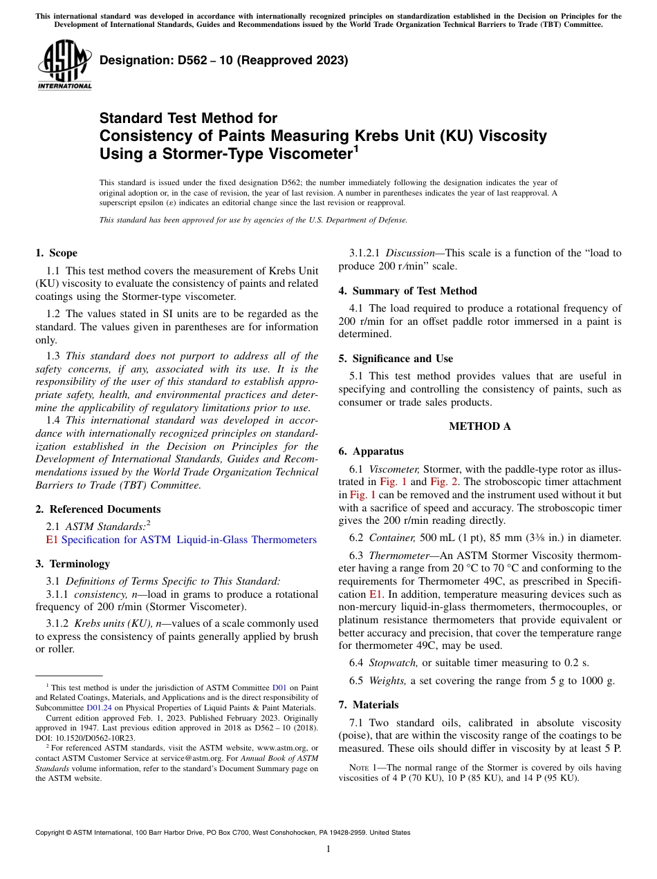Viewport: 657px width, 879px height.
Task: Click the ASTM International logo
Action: pos(64,64)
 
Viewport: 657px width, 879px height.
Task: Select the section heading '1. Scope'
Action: pos(57,253)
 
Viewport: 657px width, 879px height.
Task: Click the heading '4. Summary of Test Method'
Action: pos(407,291)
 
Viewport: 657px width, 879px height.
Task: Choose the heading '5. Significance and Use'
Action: pos(396,359)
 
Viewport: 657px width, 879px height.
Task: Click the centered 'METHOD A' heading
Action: pos(480,426)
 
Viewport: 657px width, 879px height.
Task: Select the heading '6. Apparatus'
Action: pos(371,451)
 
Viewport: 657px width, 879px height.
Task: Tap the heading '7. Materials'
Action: pos(369,705)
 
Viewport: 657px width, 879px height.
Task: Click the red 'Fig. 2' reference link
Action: pos(443,482)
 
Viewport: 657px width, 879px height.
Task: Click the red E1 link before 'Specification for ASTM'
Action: pos(52,540)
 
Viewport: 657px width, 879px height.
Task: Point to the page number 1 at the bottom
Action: pos(328,849)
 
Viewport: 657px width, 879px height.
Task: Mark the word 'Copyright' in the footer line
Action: pos(52,833)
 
